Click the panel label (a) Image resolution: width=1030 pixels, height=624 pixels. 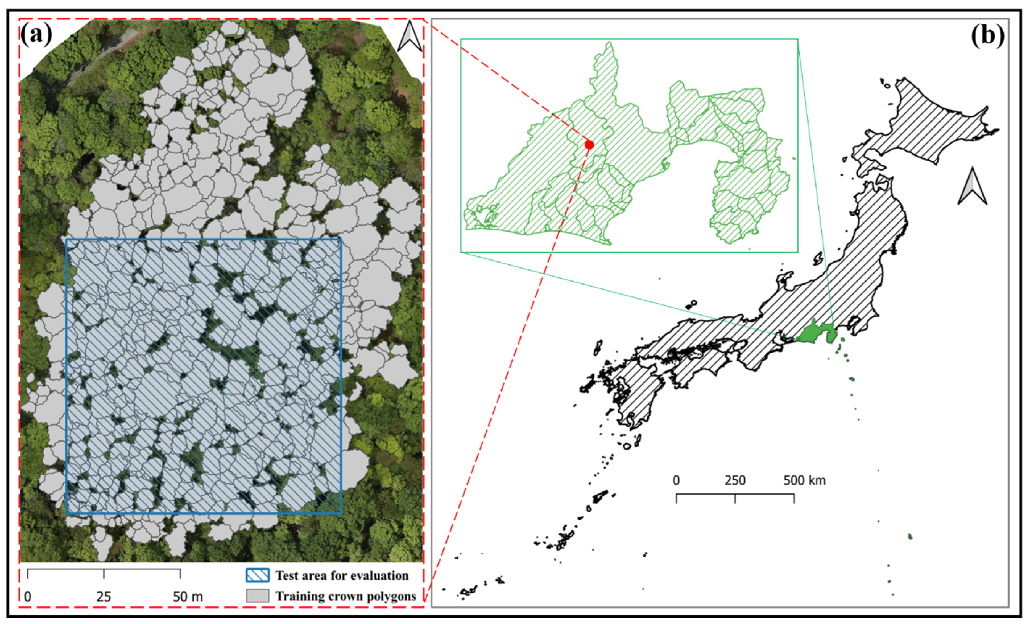[36, 35]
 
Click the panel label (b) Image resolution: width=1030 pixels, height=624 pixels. [987, 35]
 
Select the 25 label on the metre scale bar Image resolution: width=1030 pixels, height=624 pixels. [104, 597]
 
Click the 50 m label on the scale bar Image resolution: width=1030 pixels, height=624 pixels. [188, 597]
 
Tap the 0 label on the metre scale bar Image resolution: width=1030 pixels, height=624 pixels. [27, 597]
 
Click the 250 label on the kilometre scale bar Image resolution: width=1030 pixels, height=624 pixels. [735, 481]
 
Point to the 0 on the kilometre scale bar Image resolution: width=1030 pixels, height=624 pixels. [676, 481]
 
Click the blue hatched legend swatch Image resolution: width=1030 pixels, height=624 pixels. [257, 576]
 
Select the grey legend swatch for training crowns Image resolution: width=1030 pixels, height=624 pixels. [257, 596]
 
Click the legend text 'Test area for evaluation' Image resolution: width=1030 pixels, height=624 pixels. [342, 576]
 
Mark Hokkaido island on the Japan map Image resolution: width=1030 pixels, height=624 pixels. [932, 121]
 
